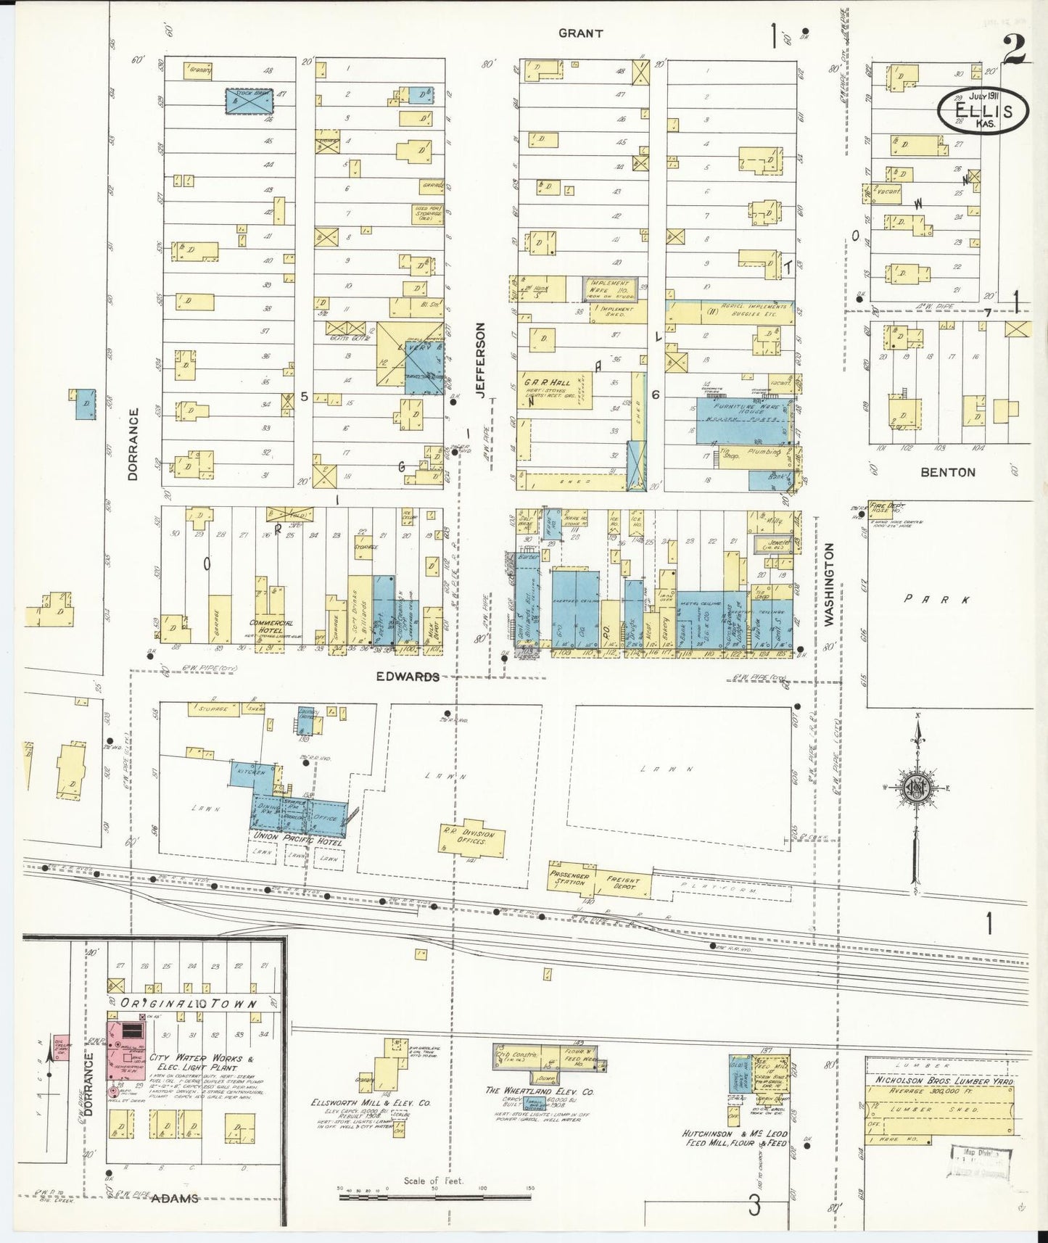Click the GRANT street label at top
point(580,33)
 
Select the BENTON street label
point(947,472)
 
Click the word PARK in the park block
point(936,600)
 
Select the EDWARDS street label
point(408,676)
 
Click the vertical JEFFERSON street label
point(480,360)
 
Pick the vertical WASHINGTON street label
point(828,585)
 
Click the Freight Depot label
point(623,883)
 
